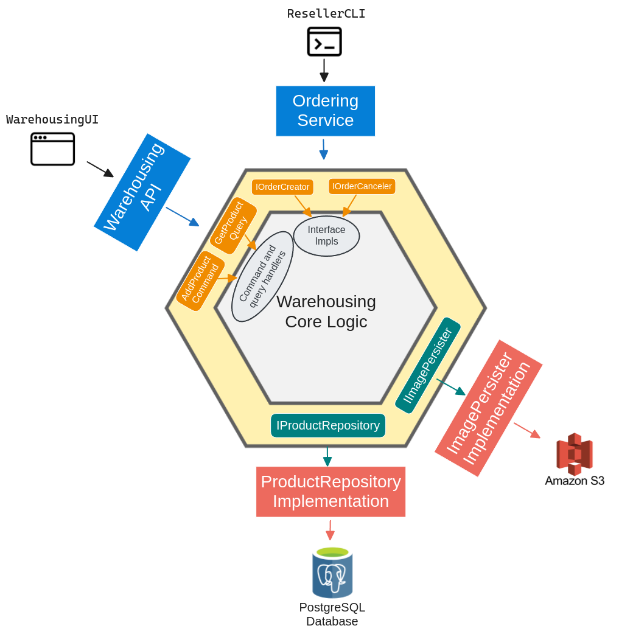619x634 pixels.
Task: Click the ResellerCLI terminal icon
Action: click(x=324, y=41)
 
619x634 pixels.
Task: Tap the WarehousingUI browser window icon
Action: click(x=53, y=149)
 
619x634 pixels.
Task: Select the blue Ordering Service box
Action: click(x=325, y=111)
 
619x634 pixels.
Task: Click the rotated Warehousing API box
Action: click(x=142, y=192)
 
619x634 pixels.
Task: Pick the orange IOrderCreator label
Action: click(x=282, y=187)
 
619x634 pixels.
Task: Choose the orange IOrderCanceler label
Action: click(x=362, y=186)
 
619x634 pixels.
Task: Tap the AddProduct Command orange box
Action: click(x=200, y=280)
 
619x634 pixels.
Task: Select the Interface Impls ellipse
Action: click(x=326, y=235)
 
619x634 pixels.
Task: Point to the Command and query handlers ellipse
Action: click(x=262, y=276)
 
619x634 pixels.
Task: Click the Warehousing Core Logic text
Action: click(x=326, y=311)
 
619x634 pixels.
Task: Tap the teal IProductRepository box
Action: click(x=327, y=425)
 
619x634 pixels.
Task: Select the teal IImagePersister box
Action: click(x=427, y=365)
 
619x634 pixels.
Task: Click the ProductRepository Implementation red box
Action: click(x=330, y=492)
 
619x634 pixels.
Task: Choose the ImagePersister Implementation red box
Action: click(x=488, y=408)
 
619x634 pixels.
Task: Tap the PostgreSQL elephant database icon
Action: click(x=332, y=573)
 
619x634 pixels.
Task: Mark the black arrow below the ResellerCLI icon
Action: click(x=324, y=70)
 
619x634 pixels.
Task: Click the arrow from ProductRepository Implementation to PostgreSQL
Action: click(x=330, y=530)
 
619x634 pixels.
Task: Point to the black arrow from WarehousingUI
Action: click(x=100, y=169)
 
